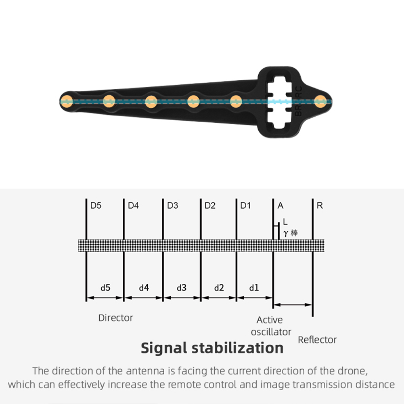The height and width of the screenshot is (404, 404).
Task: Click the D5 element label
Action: [x=96, y=205]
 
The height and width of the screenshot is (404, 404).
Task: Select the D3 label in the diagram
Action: [x=172, y=205]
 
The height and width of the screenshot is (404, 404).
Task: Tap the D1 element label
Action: [x=245, y=205]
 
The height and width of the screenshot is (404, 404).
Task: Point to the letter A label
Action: [x=280, y=205]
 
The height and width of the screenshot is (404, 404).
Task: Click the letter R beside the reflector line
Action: [x=320, y=205]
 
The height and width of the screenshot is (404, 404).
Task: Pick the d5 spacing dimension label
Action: [x=105, y=287]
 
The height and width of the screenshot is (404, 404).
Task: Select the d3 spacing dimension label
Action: [x=182, y=287]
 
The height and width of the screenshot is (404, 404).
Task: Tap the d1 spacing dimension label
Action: [x=254, y=287]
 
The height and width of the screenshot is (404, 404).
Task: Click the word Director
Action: [x=116, y=318]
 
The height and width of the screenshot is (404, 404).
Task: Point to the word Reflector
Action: [x=317, y=340]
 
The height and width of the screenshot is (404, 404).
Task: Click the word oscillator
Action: [x=271, y=332]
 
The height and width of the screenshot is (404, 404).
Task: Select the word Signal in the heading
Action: [x=164, y=348]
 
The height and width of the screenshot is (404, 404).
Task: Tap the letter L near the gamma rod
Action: [x=285, y=222]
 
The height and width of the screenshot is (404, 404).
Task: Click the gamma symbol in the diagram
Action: [x=285, y=233]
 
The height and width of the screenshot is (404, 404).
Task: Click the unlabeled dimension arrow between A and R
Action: [x=293, y=305]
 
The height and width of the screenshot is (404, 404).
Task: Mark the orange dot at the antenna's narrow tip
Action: [x=67, y=101]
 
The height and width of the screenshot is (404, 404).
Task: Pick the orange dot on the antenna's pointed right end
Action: [x=320, y=101]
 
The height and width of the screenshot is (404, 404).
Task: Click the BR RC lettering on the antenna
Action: [x=298, y=101]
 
